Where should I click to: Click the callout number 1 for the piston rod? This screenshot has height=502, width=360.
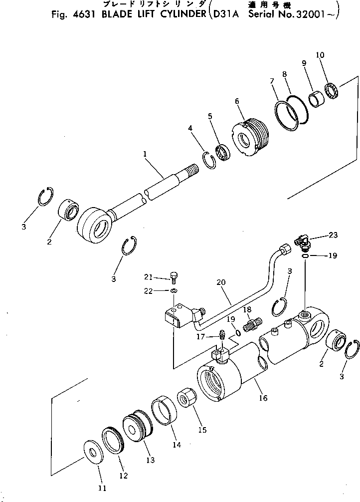pos(145,155)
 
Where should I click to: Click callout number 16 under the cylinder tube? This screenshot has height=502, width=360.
pos(263,398)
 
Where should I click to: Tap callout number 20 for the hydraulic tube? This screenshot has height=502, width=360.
pos(221,282)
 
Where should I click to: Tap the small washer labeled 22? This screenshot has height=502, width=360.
pos(174,290)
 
